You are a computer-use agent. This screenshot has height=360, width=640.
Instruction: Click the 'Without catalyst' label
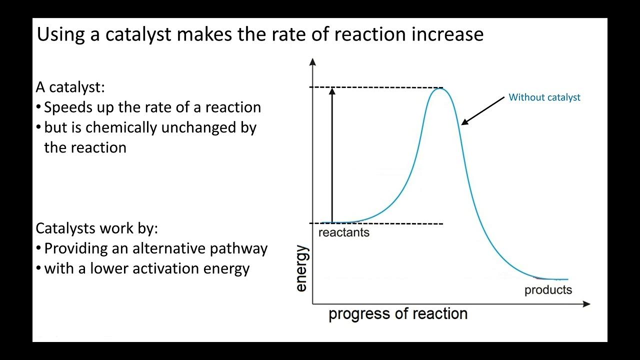coord(544,97)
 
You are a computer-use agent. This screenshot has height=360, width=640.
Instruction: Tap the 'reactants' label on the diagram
coord(343,232)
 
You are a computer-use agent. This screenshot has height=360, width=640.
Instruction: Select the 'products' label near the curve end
coord(548,290)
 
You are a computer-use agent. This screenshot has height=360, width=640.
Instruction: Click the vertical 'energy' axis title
coord(302,268)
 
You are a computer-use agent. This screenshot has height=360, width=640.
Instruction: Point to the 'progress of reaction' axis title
coord(397,314)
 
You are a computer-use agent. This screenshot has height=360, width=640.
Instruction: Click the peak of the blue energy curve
coord(439,88)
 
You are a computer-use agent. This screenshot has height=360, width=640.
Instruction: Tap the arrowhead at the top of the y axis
coord(312,62)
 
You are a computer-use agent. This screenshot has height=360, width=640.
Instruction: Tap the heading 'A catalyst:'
coord(70,87)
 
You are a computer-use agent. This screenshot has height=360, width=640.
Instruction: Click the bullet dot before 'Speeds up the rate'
coord(38,107)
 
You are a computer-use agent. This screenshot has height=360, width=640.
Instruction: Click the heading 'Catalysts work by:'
coord(96,228)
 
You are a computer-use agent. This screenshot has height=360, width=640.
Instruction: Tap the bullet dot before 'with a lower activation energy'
coord(38,268)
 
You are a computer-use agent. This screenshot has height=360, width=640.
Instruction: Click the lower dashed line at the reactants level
coord(400,223)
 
